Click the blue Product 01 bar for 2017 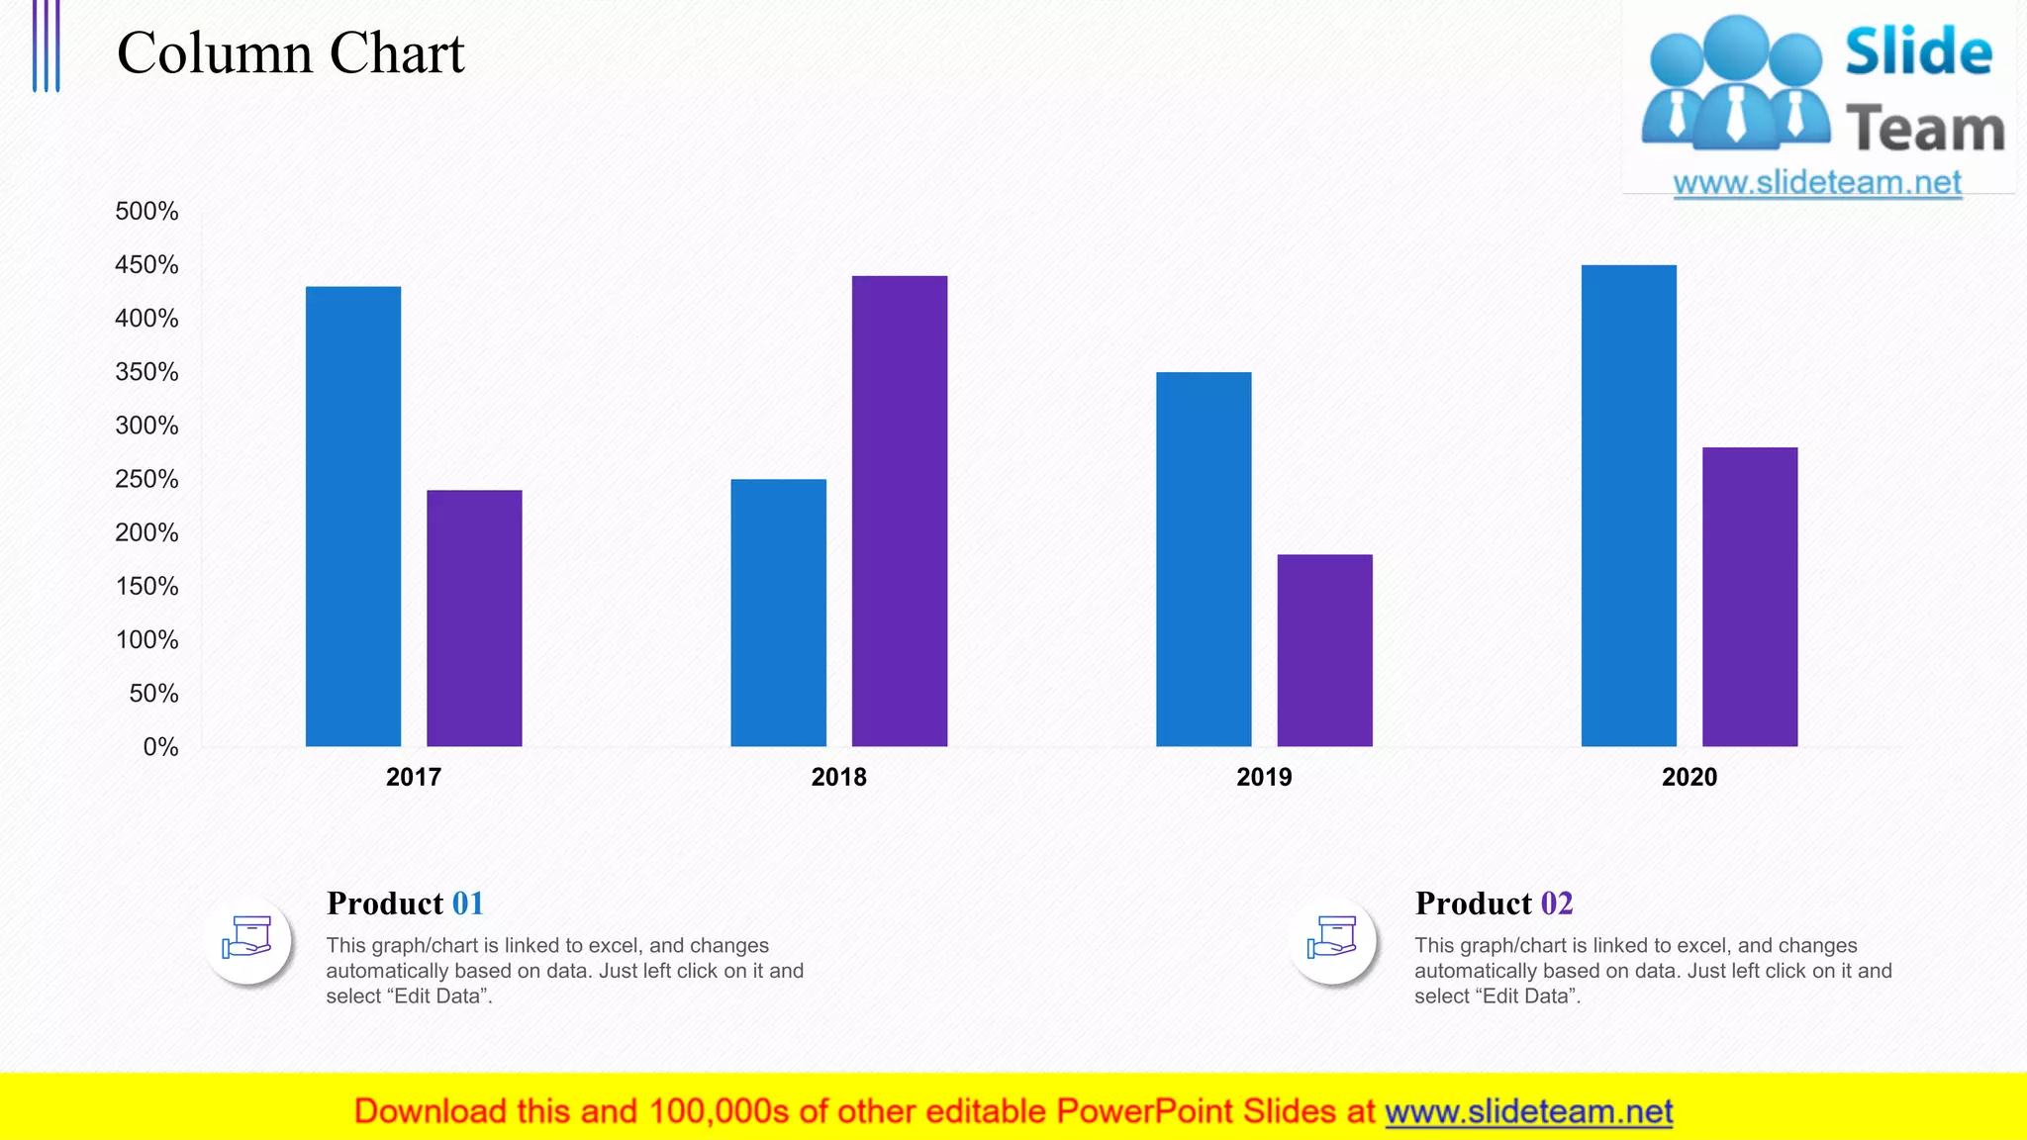pyautogui.click(x=353, y=516)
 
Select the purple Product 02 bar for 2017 pyautogui.click(x=474, y=617)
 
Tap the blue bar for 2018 pyautogui.click(x=778, y=613)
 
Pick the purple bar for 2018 pyautogui.click(x=899, y=511)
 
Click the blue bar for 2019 pyautogui.click(x=1204, y=559)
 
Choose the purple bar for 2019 pyautogui.click(x=1324, y=650)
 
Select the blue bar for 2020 pyautogui.click(x=1628, y=506)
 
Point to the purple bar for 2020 pyautogui.click(x=1749, y=597)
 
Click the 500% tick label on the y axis pyautogui.click(x=146, y=212)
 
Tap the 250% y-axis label pyautogui.click(x=146, y=479)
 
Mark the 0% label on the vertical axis pyautogui.click(x=160, y=747)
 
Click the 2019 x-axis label pyautogui.click(x=1264, y=777)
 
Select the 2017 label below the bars pyautogui.click(x=414, y=777)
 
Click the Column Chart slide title pyautogui.click(x=290, y=53)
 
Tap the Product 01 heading pyautogui.click(x=405, y=903)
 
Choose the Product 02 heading pyautogui.click(x=1494, y=903)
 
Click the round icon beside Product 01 pyautogui.click(x=247, y=939)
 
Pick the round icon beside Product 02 pyautogui.click(x=1332, y=939)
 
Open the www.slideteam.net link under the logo pyautogui.click(x=1817, y=183)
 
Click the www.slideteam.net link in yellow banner pyautogui.click(x=1528, y=1112)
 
